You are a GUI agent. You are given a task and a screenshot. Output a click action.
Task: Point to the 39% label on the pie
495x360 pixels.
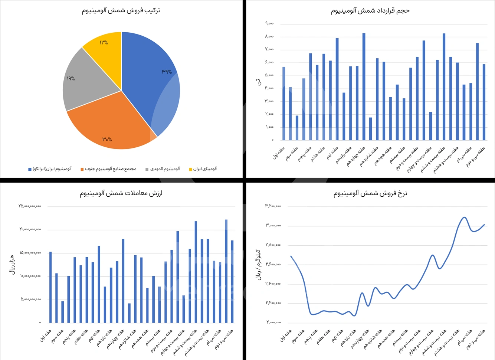click(x=167, y=72)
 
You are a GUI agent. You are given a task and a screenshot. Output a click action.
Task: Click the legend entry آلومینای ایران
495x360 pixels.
click(x=203, y=169)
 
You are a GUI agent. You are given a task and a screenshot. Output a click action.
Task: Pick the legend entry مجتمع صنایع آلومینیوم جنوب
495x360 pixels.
click(x=108, y=169)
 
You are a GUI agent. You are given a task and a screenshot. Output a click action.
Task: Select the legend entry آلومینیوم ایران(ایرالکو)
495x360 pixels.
click(x=50, y=169)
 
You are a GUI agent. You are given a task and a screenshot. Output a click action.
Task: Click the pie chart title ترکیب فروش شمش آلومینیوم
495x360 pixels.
click(x=121, y=10)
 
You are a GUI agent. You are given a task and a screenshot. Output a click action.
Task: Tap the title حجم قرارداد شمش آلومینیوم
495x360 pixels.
click(x=370, y=11)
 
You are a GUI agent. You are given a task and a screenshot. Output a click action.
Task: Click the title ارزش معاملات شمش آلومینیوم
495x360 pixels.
click(x=121, y=193)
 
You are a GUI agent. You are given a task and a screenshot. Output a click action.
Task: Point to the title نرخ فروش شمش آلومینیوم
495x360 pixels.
click(x=370, y=193)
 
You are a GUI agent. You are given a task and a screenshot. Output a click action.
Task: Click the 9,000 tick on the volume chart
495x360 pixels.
click(x=269, y=24)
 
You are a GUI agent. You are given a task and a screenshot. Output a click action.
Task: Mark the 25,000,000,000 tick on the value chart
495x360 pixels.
click(x=30, y=206)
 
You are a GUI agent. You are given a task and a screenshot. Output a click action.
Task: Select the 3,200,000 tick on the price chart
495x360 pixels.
click(x=273, y=206)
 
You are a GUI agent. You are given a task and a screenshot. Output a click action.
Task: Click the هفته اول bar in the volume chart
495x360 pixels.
click(x=284, y=104)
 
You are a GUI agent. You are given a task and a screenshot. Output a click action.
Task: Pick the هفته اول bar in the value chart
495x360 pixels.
click(x=50, y=288)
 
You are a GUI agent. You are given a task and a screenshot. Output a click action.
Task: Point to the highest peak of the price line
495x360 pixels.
click(x=464, y=217)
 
